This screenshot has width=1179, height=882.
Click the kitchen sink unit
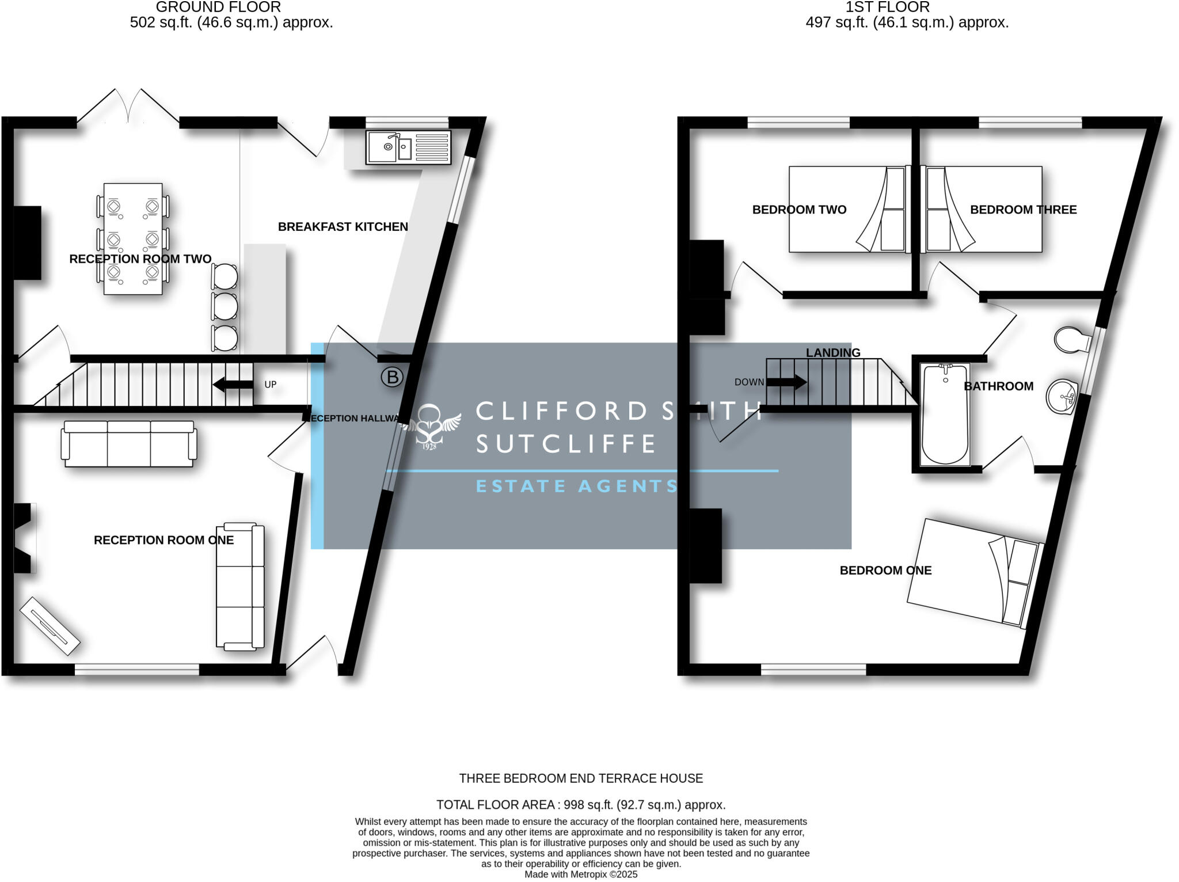pyautogui.click(x=408, y=147)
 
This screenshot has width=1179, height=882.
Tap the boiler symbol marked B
pyautogui.click(x=392, y=377)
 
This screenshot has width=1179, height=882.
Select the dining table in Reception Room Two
pyautogui.click(x=133, y=239)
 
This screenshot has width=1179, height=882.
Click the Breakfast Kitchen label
pyautogui.click(x=343, y=227)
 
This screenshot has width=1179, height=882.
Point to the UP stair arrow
pyautogui.click(x=233, y=385)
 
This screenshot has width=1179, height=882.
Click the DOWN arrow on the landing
pyautogui.click(x=786, y=382)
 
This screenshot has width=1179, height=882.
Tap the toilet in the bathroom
pyautogui.click(x=1070, y=340)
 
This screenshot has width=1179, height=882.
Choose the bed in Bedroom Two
pyautogui.click(x=847, y=210)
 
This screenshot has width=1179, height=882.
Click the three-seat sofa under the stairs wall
pyautogui.click(x=130, y=443)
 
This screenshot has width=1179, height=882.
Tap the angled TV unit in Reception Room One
pyautogui.click(x=50, y=625)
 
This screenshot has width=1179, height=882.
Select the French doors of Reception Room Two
pyautogui.click(x=128, y=109)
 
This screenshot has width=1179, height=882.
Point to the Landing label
pyautogui.click(x=832, y=352)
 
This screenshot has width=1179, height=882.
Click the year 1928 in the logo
pyautogui.click(x=429, y=446)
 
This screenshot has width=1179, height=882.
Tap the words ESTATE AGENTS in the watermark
pyautogui.click(x=577, y=486)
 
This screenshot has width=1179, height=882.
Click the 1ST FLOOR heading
pyautogui.click(x=887, y=7)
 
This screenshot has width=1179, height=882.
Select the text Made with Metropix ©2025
pyautogui.click(x=581, y=875)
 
